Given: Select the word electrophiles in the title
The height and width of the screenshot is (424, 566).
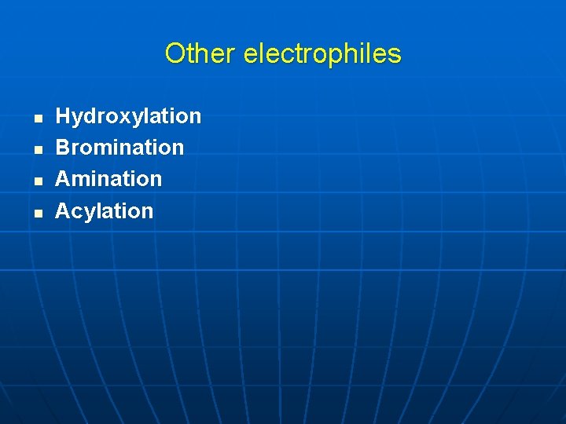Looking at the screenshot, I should [x=322, y=53].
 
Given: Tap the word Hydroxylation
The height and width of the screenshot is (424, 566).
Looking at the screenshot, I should [x=128, y=116].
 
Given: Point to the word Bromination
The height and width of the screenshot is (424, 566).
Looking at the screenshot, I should [x=119, y=148].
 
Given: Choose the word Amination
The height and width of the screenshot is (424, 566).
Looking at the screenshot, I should [x=108, y=179].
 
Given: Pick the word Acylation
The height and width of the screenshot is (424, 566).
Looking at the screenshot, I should [x=105, y=210].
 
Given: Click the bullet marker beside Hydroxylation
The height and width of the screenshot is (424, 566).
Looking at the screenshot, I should [x=38, y=119].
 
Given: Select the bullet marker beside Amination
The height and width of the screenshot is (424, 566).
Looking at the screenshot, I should [x=38, y=181].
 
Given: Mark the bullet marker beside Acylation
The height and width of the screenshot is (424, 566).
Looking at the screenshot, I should [x=38, y=213].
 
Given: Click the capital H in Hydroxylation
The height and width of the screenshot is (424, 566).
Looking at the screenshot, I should [x=63, y=116].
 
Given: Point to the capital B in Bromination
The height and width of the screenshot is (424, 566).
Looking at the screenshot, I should [x=63, y=148].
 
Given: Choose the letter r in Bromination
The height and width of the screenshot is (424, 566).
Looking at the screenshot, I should [x=75, y=148].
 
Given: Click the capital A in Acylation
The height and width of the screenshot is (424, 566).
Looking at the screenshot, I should [x=63, y=210].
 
